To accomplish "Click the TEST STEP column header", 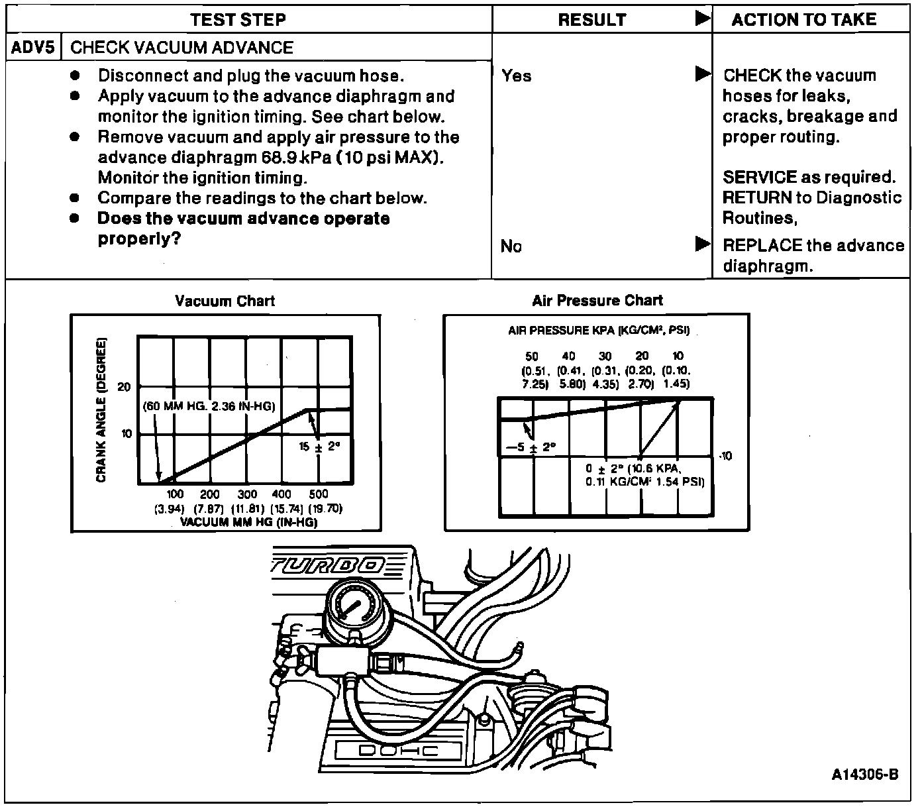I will coord(238,19).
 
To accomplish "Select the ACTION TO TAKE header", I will coord(803,20).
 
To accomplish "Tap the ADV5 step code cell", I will coord(33,48).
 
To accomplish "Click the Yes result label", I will coord(517,76).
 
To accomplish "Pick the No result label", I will coord(511,246).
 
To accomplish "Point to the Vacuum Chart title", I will coord(225,301).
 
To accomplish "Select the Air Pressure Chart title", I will coord(597,301).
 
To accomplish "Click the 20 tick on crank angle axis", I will coord(124,387).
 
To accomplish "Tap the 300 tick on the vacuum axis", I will coord(247,494).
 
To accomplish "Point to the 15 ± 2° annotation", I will coord(319,447).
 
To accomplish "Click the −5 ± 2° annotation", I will coord(531,447).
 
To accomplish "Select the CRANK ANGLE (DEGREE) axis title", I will coord(101,411).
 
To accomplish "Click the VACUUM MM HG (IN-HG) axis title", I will coord(249,522).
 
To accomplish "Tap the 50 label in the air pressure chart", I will coord(532,356).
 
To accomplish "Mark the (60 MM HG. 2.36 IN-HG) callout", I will coord(209,406).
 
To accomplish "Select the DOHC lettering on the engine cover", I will coord(398,750).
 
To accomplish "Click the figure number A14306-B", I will coord(865,775).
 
